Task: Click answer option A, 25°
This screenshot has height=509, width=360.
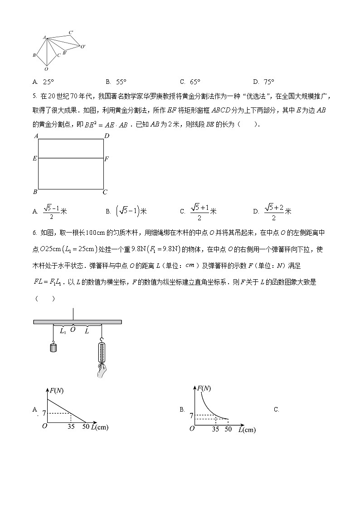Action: pyautogui.click(x=43, y=82)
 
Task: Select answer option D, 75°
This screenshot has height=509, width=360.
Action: pyautogui.click(x=264, y=82)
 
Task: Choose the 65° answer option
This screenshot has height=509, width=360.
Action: pyautogui.click(x=190, y=82)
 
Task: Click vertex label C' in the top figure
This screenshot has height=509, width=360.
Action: pyautogui.click(x=72, y=32)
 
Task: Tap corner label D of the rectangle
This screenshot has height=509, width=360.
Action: pyautogui.click(x=107, y=136)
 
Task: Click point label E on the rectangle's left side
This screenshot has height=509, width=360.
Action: pyautogui.click(x=34, y=159)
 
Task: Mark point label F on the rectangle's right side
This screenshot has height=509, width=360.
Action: pyautogui.click(x=107, y=159)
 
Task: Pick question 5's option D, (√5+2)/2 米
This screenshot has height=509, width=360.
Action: pyautogui.click(x=272, y=211)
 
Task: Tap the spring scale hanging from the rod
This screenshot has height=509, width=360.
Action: pyautogui.click(x=101, y=352)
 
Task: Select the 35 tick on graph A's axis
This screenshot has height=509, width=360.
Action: pyautogui.click(x=71, y=427)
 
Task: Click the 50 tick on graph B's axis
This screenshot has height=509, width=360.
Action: pyautogui.click(x=228, y=428)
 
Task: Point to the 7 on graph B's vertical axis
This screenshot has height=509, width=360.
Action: pyautogui.click(x=192, y=415)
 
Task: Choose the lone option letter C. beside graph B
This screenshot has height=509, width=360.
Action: pyautogui.click(x=276, y=409)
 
